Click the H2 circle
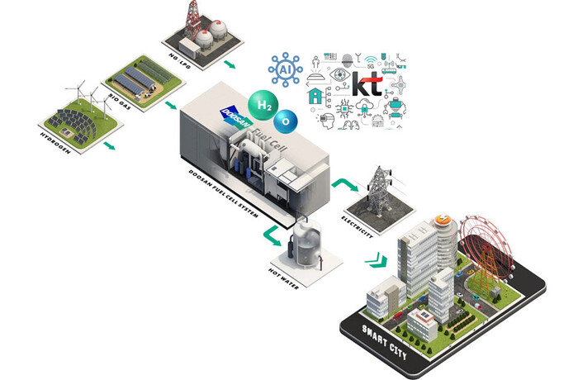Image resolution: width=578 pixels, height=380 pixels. pyautogui.click(x=263, y=106)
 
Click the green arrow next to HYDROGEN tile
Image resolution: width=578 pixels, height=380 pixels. pyautogui.click(x=107, y=145)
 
